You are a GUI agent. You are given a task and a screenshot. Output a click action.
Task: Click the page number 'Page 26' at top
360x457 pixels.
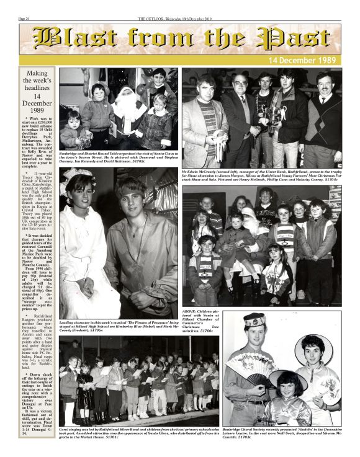click(x=25, y=19)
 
